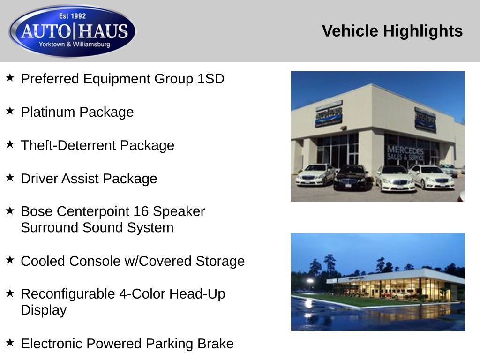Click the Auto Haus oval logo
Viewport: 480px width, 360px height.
(73, 31)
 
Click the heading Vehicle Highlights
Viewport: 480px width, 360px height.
(392, 31)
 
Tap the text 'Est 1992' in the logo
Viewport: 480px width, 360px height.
(73, 16)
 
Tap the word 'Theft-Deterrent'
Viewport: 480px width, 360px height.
(68, 145)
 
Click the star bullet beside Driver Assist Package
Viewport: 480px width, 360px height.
(10, 178)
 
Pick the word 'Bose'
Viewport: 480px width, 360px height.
(35, 211)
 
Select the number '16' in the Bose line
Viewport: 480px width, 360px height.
(142, 211)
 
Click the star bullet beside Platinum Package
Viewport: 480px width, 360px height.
(10, 111)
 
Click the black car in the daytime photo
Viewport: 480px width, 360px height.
(351, 177)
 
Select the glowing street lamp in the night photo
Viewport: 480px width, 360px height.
(310, 281)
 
